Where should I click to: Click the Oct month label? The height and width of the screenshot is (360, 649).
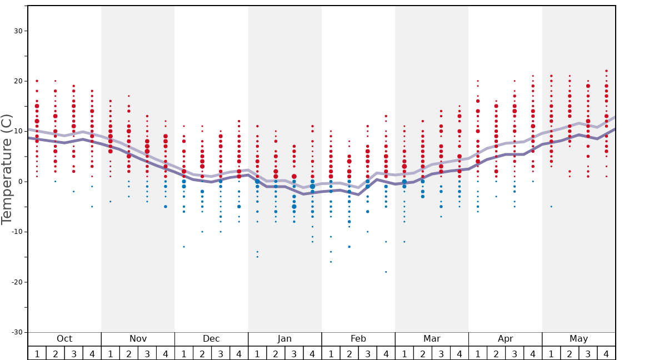64,339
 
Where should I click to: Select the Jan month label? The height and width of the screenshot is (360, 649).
284,339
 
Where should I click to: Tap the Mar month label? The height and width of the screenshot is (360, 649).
432,339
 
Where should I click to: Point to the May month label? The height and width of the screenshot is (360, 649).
578,339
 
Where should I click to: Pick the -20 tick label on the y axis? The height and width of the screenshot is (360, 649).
16,282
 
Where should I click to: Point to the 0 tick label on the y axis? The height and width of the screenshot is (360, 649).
20,182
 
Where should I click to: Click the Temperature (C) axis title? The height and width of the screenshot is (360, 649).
7,169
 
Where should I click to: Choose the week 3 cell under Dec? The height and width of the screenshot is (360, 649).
221,353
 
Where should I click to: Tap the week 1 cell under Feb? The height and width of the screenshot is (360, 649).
331,353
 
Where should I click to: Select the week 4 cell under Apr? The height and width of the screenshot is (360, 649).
533,353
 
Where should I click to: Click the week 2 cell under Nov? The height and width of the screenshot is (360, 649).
129,353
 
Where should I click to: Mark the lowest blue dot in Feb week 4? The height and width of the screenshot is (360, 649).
386,272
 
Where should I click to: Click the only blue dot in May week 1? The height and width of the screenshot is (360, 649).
551,207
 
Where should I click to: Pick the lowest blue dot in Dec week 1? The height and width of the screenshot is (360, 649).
184,247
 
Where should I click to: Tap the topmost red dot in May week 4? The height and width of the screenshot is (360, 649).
606,71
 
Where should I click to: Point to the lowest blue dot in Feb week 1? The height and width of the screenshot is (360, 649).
331,262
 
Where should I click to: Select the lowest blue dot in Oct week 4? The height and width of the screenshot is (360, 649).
92,207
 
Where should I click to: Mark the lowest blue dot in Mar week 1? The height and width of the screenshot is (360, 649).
405,242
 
